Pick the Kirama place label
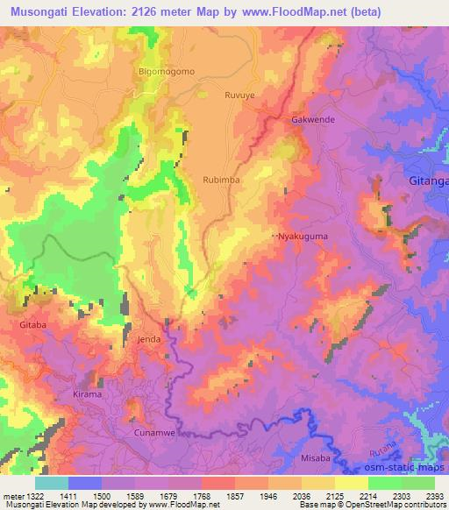click(x=88, y=395)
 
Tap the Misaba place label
click(x=316, y=457)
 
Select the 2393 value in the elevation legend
click(x=435, y=495)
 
